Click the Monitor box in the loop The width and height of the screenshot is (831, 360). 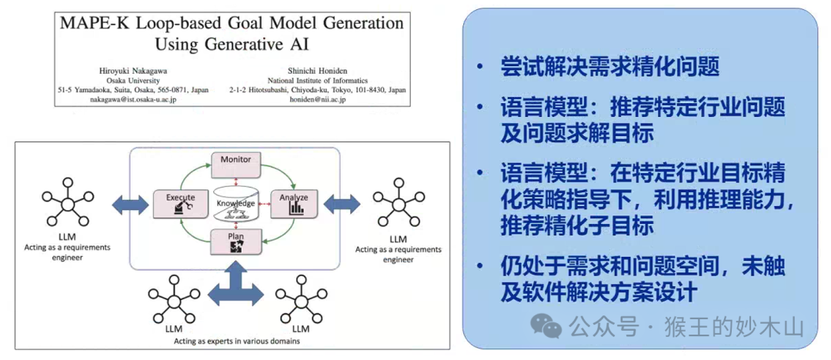(x=235, y=161)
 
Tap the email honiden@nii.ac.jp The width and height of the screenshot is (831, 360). (x=318, y=99)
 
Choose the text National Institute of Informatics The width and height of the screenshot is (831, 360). (x=318, y=79)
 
